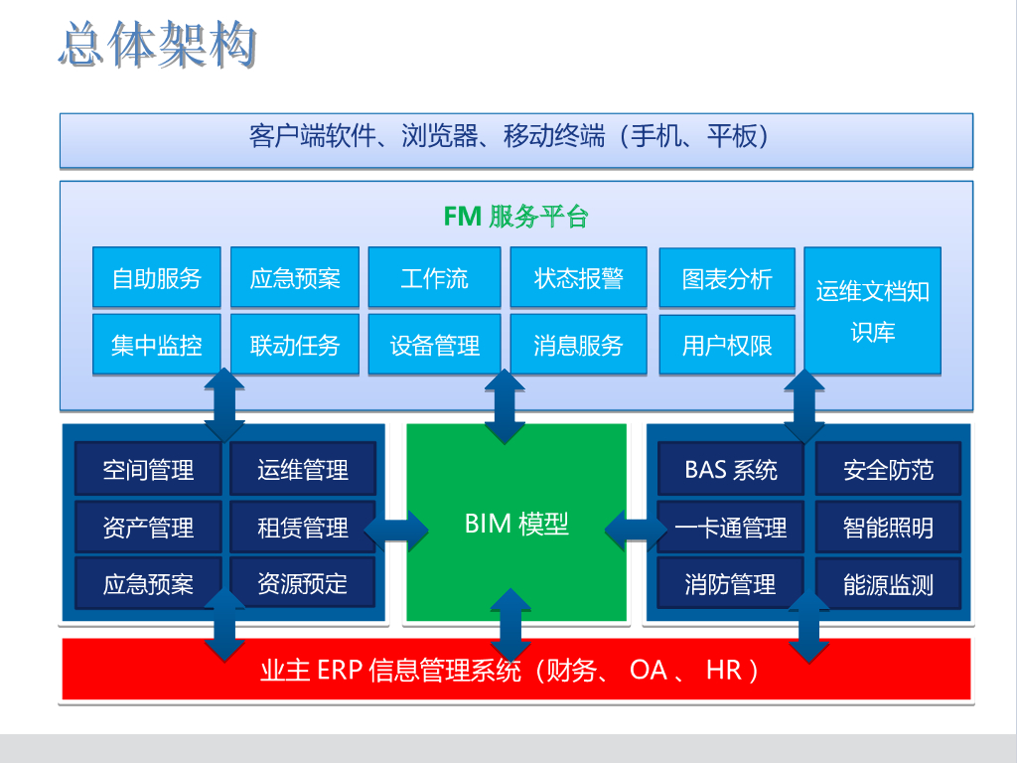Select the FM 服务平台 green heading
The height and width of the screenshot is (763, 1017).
515,216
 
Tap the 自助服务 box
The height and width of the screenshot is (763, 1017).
156,277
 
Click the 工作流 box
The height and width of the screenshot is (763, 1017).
434,277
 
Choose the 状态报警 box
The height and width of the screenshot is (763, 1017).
578,277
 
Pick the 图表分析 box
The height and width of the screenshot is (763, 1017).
727,278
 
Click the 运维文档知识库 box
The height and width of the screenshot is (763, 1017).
872,310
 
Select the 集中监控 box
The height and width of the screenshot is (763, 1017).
156,345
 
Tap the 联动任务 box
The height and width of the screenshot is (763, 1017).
295,345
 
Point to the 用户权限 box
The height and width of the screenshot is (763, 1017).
727,346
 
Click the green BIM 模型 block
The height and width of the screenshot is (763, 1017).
516,524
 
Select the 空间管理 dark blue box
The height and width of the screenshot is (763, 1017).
148,469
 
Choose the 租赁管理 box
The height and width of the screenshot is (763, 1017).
302,527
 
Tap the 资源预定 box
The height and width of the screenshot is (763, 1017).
302,583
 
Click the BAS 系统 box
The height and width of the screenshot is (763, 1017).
731,469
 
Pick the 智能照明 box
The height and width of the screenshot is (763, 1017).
888,527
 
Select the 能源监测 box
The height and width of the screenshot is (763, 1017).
888,584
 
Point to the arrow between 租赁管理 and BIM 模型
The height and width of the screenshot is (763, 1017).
394,527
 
